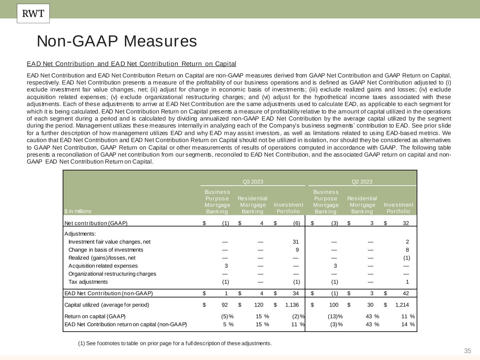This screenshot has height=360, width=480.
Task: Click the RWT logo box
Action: (33, 13)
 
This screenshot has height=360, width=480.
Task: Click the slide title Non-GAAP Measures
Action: (117, 41)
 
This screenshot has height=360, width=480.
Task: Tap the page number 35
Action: (467, 351)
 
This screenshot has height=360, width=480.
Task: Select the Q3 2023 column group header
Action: (252, 182)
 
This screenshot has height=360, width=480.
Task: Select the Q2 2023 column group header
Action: (362, 182)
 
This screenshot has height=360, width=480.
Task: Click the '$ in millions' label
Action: (78, 211)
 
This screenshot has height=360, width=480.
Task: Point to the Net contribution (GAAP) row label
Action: (96, 223)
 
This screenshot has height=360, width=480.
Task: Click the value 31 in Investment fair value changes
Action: (295, 242)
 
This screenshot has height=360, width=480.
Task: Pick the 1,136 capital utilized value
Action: (292, 305)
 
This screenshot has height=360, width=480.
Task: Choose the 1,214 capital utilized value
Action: (402, 305)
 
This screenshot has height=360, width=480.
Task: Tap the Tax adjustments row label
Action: (88, 282)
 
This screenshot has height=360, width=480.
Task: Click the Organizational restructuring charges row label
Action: (112, 274)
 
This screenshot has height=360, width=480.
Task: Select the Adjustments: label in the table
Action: (80, 234)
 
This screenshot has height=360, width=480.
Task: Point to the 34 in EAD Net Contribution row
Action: (295, 293)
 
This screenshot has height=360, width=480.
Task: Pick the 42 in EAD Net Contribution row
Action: (406, 293)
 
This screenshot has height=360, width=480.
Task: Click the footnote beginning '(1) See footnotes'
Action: (175, 343)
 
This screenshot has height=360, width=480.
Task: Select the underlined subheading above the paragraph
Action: (132, 64)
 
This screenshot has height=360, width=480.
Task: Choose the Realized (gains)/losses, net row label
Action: (102, 258)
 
